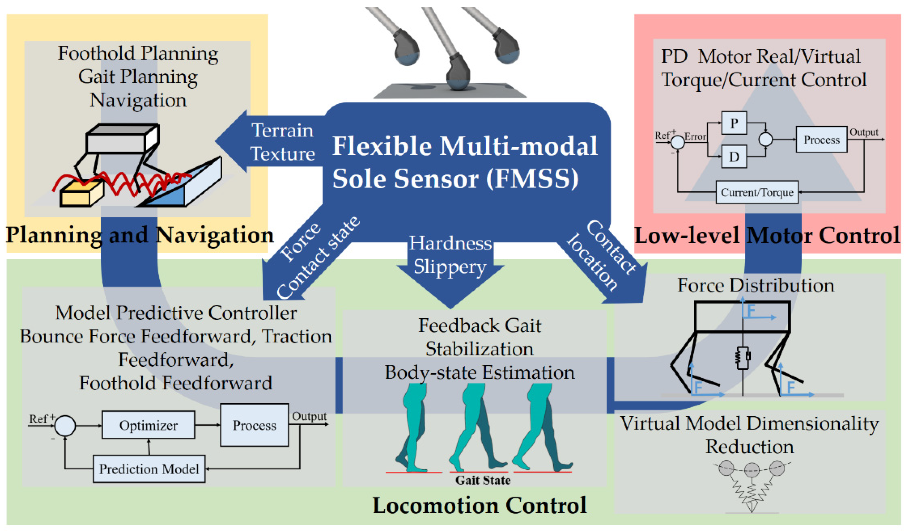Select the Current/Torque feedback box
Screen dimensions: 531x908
[x=757, y=193]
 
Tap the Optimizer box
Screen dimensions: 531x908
[x=148, y=425]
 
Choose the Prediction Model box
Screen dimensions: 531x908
[x=149, y=469]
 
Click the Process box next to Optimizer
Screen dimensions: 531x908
[x=254, y=425]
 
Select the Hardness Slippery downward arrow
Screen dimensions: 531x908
[x=450, y=266]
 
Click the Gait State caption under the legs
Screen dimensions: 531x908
[x=483, y=480]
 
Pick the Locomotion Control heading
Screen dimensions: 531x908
[x=479, y=505]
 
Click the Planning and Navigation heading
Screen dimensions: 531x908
[x=140, y=236]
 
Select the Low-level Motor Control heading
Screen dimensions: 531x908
[x=767, y=236]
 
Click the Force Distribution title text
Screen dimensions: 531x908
[x=756, y=285]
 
